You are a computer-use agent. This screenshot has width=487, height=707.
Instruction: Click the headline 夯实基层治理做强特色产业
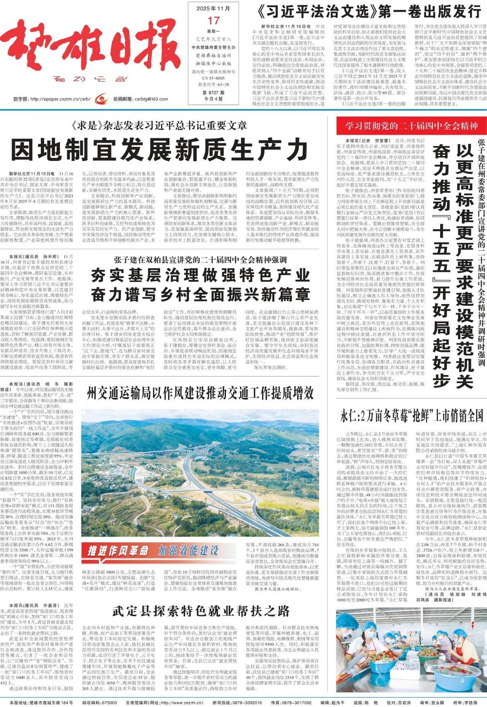coord(200,275)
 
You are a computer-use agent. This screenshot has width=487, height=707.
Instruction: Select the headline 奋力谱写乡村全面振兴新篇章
coord(200,294)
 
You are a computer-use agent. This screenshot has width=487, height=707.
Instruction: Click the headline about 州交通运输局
coord(200,392)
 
